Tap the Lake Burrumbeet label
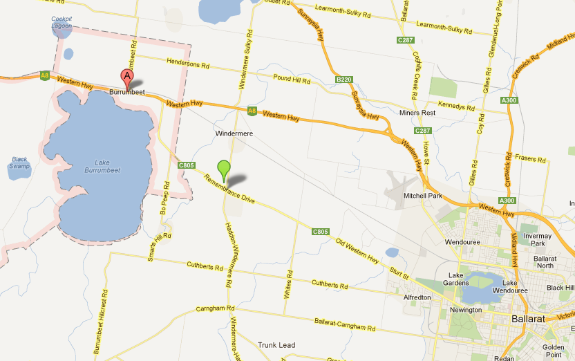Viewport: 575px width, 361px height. coord(97,167)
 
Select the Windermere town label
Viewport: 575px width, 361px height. coord(235,132)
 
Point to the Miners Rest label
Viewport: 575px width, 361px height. coord(417,112)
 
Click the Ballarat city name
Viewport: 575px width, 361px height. coord(528,319)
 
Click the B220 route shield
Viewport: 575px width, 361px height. coord(344,80)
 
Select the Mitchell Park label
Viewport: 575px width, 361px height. coord(423,195)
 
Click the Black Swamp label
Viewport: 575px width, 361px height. coord(19,163)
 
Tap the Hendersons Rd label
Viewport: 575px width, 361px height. coord(188,64)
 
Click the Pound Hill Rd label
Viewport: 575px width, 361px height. coord(292,80)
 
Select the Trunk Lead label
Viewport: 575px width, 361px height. coord(276,344)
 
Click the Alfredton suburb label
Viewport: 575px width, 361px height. coord(417,297)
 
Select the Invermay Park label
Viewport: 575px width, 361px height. coord(538,239)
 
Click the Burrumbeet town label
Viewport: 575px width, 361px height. coord(126,91)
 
